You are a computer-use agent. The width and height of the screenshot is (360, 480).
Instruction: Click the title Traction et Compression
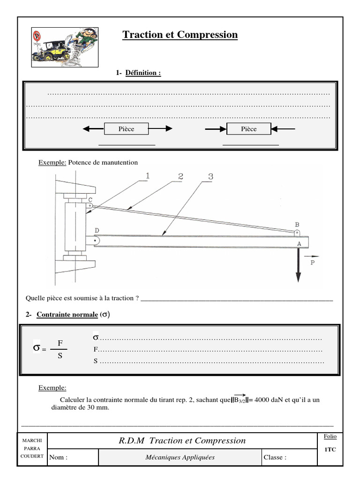[180, 35]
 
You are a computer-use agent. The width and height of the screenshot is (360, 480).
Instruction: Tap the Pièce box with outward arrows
[126, 129]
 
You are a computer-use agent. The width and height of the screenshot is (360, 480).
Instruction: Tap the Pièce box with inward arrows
[249, 129]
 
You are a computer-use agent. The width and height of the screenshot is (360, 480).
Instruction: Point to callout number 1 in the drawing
[147, 176]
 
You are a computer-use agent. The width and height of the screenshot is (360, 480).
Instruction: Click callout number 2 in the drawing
[180, 176]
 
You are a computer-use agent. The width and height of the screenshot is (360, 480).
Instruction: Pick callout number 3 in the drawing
[210, 176]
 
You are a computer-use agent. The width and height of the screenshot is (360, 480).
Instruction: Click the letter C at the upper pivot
[90, 199]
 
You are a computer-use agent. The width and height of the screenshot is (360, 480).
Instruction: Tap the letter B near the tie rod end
[296, 224]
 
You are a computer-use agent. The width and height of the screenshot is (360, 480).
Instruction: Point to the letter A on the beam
[299, 243]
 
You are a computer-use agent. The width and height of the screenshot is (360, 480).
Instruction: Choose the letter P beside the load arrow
[313, 263]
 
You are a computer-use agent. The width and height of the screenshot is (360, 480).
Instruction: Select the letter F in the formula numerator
[60, 343]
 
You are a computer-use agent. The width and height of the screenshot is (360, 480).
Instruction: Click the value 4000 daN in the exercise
[269, 399]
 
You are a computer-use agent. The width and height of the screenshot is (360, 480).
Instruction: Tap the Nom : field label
[59, 457]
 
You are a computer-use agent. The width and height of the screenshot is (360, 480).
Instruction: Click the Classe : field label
[275, 457]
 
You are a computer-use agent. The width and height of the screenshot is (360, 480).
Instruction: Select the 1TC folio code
[330, 449]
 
